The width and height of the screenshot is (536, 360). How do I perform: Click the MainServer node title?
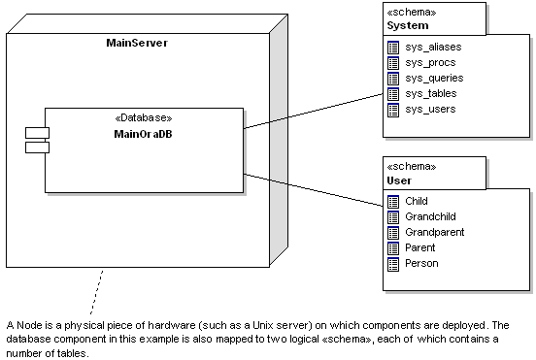137,44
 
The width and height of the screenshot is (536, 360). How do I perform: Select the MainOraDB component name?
143,132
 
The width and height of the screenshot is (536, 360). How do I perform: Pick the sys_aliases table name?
433,47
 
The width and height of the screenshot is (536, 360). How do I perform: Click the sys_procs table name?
430,62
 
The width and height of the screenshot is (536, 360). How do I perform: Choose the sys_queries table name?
434,78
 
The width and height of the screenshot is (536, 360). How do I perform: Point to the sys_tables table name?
431,93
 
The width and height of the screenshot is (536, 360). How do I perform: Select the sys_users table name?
430,109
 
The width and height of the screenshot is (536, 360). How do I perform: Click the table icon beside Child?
393,201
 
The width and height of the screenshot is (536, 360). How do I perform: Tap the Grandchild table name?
430,216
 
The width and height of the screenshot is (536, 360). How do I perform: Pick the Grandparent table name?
435,232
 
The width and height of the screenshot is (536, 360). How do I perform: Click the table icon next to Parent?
393,247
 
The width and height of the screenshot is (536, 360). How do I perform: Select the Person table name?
421,263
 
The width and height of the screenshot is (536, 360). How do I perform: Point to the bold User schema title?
400,180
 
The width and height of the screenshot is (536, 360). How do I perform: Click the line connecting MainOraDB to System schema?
311,111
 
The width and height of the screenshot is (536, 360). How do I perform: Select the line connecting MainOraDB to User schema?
311,188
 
